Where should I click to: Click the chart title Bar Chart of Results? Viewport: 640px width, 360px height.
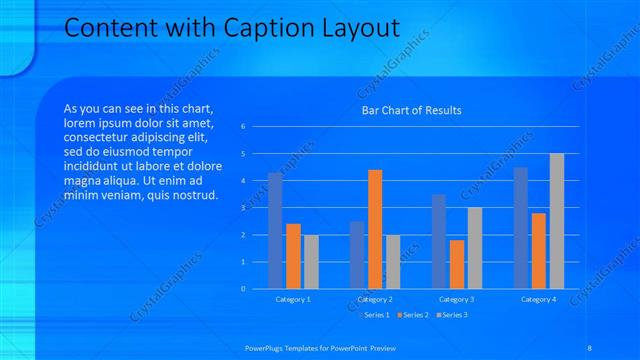[411, 110]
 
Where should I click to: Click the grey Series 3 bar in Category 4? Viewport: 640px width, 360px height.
[557, 221]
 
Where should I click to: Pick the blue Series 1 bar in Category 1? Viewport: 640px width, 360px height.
[275, 230]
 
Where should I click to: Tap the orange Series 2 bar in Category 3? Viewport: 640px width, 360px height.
[457, 264]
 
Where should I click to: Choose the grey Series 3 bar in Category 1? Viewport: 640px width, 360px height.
[311, 261]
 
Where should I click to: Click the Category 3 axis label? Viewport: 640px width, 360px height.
[456, 299]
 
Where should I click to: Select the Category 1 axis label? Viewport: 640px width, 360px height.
[293, 299]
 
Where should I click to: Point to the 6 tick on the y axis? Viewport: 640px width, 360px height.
[244, 127]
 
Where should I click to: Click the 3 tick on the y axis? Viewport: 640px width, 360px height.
[244, 208]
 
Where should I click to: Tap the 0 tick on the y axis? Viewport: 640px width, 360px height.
[244, 289]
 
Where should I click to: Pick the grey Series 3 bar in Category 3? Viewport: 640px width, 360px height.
[475, 248]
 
